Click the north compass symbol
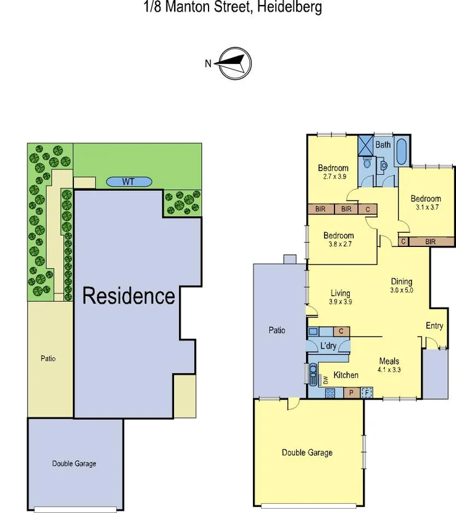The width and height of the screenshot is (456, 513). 234,63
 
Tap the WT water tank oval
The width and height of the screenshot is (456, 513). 128,182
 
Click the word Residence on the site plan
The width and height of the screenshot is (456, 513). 128,296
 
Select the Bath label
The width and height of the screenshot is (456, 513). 383,145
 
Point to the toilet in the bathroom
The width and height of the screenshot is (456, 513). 368,164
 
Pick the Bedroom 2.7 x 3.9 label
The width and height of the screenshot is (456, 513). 333,172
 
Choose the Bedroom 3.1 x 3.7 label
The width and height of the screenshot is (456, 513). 426,203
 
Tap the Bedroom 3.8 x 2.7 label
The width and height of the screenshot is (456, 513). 339,240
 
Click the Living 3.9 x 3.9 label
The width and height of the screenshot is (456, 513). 340,297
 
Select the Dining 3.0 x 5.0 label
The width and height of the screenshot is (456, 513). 401,286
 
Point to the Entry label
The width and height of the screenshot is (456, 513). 434,326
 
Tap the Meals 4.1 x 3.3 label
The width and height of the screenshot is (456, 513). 389,366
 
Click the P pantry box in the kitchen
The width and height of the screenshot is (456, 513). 351,392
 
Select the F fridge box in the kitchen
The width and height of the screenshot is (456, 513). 367,392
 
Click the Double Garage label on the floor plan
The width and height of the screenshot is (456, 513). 307,453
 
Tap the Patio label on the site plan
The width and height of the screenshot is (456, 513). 48,358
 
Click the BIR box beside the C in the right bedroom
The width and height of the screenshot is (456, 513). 430,241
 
